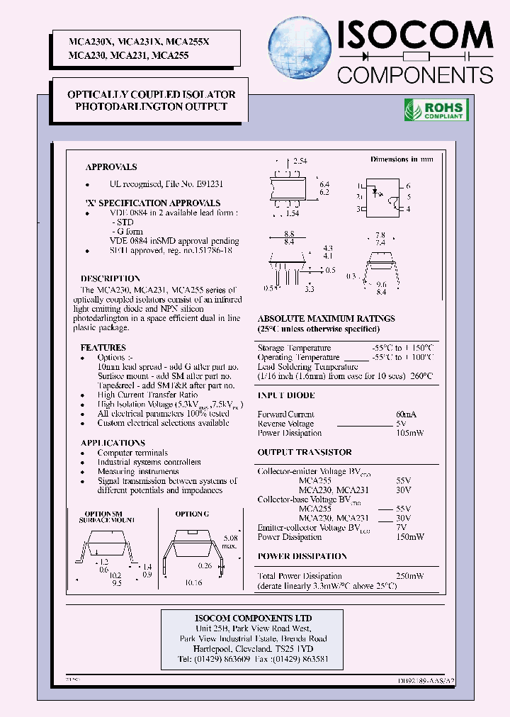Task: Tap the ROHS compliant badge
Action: (436, 109)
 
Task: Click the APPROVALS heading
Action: (111, 167)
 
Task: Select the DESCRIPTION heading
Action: (110, 278)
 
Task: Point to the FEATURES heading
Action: (103, 348)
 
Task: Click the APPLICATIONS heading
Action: (113, 443)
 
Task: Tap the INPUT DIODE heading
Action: (286, 395)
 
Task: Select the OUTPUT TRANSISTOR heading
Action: (305, 452)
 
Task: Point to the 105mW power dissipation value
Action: (409, 433)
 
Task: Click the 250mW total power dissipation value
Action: (410, 576)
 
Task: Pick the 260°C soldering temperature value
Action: (419, 376)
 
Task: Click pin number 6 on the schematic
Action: (409, 186)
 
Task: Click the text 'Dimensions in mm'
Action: (401, 159)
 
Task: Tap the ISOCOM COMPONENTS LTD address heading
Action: (253, 619)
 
